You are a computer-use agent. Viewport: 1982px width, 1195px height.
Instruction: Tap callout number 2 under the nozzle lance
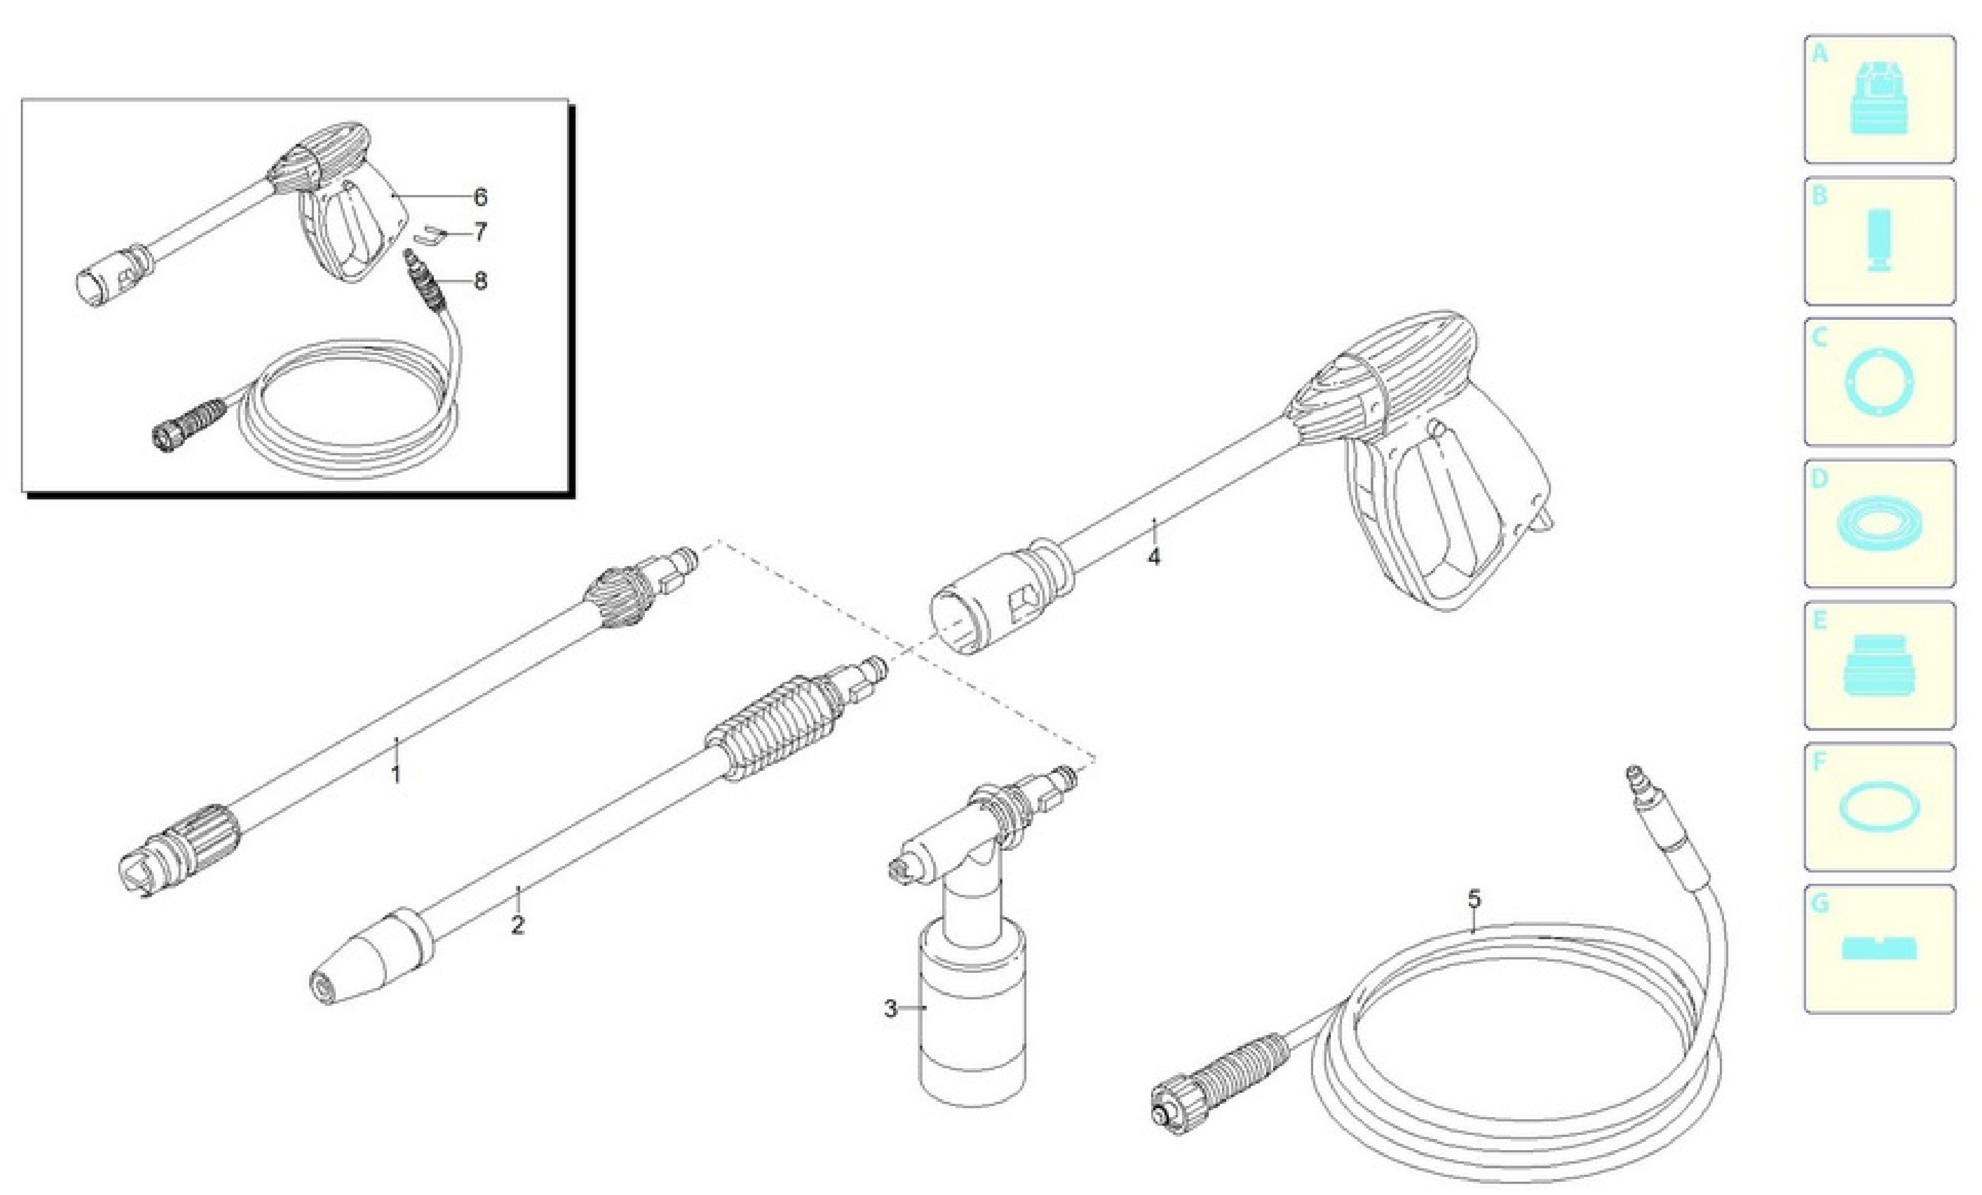point(518,925)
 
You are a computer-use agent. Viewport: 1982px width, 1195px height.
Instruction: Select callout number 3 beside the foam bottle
point(891,1008)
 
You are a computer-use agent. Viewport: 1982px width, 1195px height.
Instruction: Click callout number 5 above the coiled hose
point(1474,898)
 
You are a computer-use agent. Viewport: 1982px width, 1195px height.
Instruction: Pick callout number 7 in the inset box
point(480,232)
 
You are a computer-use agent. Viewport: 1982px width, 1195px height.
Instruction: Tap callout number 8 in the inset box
point(480,281)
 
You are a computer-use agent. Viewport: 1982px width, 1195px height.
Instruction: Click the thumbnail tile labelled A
point(1879,99)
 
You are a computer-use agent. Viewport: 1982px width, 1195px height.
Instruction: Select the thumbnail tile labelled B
point(1879,240)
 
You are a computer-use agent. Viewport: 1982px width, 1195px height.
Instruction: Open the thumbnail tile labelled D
point(1879,524)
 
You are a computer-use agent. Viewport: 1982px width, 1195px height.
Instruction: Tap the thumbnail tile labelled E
point(1879,666)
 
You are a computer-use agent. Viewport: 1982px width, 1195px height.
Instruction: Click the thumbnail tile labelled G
point(1879,949)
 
